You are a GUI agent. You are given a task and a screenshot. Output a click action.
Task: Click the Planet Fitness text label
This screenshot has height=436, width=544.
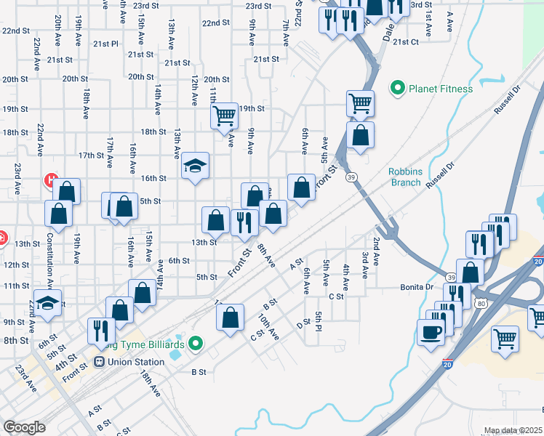point(440,89)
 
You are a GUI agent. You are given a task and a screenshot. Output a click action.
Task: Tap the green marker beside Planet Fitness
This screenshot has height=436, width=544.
point(397,89)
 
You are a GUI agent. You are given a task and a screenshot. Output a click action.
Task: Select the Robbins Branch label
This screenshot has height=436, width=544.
point(404,177)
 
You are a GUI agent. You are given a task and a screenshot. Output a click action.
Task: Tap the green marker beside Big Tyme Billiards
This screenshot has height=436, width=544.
point(195,342)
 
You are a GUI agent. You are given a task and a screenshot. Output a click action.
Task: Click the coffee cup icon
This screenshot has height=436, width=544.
point(431,332)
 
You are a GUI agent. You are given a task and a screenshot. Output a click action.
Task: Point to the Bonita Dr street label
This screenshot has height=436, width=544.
point(417,287)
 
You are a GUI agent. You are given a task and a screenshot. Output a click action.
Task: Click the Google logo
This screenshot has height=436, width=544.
point(24,427)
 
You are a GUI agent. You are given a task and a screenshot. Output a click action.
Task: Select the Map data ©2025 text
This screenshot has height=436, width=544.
point(512,430)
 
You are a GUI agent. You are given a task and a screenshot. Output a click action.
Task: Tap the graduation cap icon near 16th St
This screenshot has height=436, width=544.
point(196,166)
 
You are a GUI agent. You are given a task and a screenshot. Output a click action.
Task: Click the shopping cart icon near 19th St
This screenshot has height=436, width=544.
point(224,114)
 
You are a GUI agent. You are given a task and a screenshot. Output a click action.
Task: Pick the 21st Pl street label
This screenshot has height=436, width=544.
point(105,44)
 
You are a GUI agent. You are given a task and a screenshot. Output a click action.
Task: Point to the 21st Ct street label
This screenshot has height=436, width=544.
point(405,42)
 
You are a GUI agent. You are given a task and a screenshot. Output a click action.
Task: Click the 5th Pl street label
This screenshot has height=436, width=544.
point(319,320)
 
